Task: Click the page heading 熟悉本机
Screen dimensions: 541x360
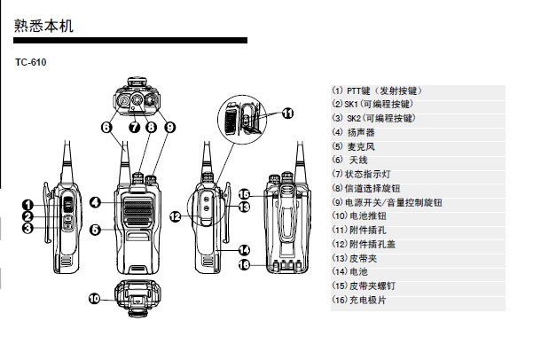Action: (x=43, y=26)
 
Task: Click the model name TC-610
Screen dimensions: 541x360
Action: (x=30, y=62)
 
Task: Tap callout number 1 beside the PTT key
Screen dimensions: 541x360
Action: (x=27, y=205)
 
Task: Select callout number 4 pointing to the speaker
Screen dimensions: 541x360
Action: (x=95, y=202)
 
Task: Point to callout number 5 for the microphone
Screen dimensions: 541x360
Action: (x=95, y=230)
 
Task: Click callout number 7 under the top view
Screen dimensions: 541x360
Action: (x=135, y=128)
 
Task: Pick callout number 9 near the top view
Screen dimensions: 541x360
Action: (x=169, y=128)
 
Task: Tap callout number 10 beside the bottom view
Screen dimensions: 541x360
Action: (x=94, y=299)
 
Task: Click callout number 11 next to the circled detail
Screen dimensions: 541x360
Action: (x=287, y=113)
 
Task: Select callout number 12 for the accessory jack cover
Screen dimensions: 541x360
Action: (x=176, y=217)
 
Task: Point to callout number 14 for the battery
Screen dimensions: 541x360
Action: (x=244, y=250)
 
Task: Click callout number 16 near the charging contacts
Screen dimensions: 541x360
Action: (x=244, y=264)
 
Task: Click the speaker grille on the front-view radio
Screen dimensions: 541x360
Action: (x=137, y=211)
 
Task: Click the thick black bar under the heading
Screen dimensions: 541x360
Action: (x=130, y=41)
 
